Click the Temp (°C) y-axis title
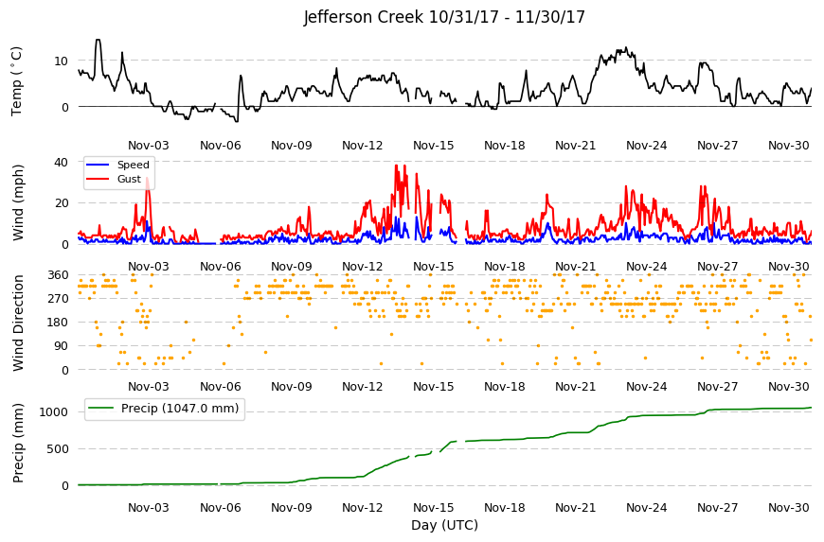coord(17,80)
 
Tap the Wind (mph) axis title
coord(18,202)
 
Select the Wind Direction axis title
coord(18,323)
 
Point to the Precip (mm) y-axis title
coord(18,443)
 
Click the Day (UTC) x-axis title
coord(444,525)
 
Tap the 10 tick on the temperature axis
coord(61,61)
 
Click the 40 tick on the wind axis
coord(61,162)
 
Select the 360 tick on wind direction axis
coord(58,275)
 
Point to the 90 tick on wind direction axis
coord(62,346)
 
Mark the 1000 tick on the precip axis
coord(54,412)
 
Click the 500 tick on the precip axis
coord(58,449)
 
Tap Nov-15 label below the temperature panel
coord(434,146)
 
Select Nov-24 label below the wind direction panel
coord(646,387)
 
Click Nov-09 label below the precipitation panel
coord(292,508)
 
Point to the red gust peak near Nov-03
coord(147,179)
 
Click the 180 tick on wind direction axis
coord(58,323)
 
